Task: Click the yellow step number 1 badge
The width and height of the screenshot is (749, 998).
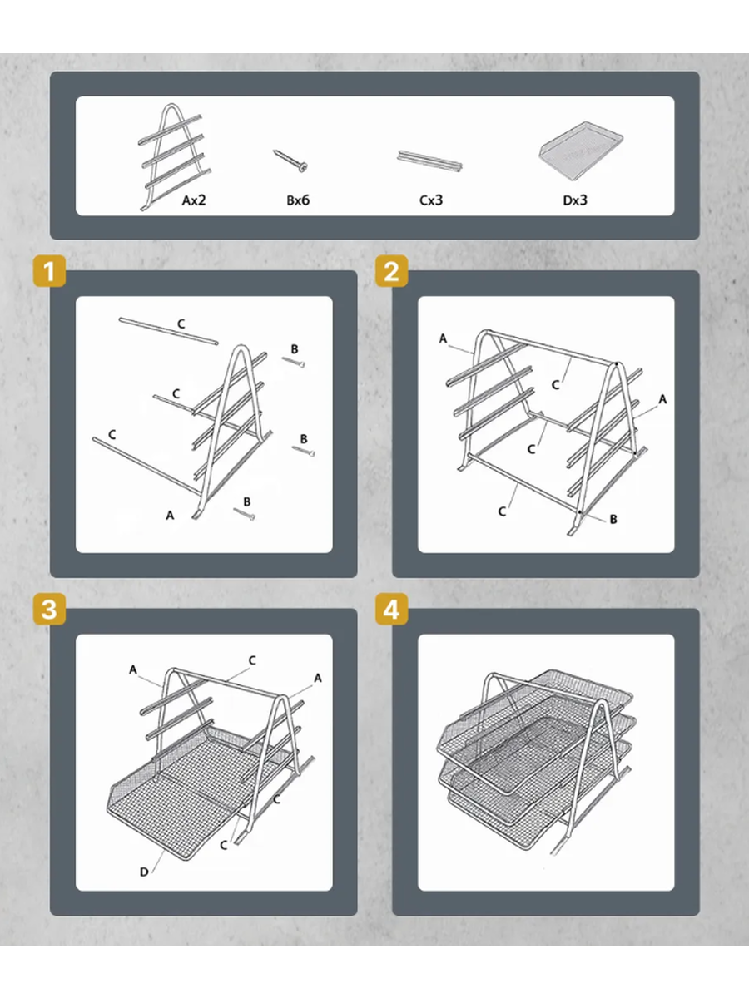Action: pos(49,271)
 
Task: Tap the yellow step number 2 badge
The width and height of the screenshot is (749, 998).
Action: pos(391,271)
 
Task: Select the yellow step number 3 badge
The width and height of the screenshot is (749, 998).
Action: pos(49,609)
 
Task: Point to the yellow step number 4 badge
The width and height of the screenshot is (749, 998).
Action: pos(391,609)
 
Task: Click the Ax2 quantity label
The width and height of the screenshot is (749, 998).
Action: pos(194,200)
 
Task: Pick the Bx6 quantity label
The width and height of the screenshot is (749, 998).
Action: pos(298,200)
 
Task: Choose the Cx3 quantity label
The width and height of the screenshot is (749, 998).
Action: pos(431,200)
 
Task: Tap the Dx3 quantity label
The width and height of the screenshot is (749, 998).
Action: pos(575,200)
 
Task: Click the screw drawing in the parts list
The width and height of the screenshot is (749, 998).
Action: pos(290,161)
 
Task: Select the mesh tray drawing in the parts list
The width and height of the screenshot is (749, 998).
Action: pos(581,145)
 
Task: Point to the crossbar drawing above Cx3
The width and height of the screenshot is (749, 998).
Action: pos(429,161)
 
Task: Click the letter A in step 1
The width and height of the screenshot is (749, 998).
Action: pos(170,516)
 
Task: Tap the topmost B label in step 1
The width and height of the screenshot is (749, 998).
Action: pos(295,349)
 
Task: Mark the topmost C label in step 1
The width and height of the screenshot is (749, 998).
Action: pos(181,324)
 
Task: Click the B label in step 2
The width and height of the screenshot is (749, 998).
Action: pos(613,519)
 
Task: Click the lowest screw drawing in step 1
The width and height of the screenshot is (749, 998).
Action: pos(244,514)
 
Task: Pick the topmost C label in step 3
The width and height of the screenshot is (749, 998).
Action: pos(252,660)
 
